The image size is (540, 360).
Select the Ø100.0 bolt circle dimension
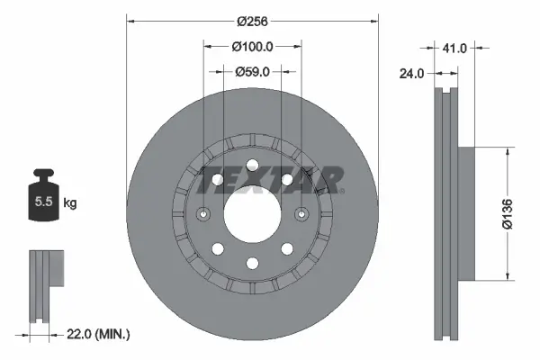252,46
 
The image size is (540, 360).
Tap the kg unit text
70,203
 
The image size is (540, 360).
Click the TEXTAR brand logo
270,180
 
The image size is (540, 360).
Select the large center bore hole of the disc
252,214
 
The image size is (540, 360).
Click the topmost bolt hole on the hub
252,165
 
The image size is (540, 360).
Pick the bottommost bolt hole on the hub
252,263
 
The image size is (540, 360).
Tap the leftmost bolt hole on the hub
202,214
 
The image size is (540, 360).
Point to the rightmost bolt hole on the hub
301,214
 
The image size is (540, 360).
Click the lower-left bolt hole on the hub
217,248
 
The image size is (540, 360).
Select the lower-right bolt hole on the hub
287,248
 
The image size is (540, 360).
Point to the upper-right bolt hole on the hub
287,180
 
